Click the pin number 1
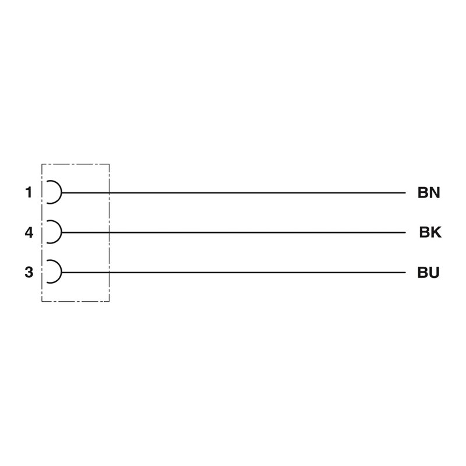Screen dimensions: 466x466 coord(29,192)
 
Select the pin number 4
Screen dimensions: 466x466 coord(29,232)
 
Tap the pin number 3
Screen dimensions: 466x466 coord(29,272)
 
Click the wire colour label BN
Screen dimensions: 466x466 coord(429,193)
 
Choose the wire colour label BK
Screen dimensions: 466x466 coord(430,232)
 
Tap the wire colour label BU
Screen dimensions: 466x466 coord(428,272)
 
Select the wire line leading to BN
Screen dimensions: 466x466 coord(234,193)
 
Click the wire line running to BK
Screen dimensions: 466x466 coord(234,232)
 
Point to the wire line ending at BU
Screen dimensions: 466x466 coord(234,272)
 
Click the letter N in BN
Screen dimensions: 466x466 coord(435,193)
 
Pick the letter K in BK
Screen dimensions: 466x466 coord(436,232)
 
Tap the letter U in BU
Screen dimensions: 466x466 coord(434,273)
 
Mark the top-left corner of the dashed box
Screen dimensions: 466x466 coord(42,164)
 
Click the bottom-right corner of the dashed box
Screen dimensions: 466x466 coord(109,301)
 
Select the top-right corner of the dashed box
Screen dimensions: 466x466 coord(109,164)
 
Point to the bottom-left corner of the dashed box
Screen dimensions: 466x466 coord(42,301)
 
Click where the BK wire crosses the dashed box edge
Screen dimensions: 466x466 coord(109,232)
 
